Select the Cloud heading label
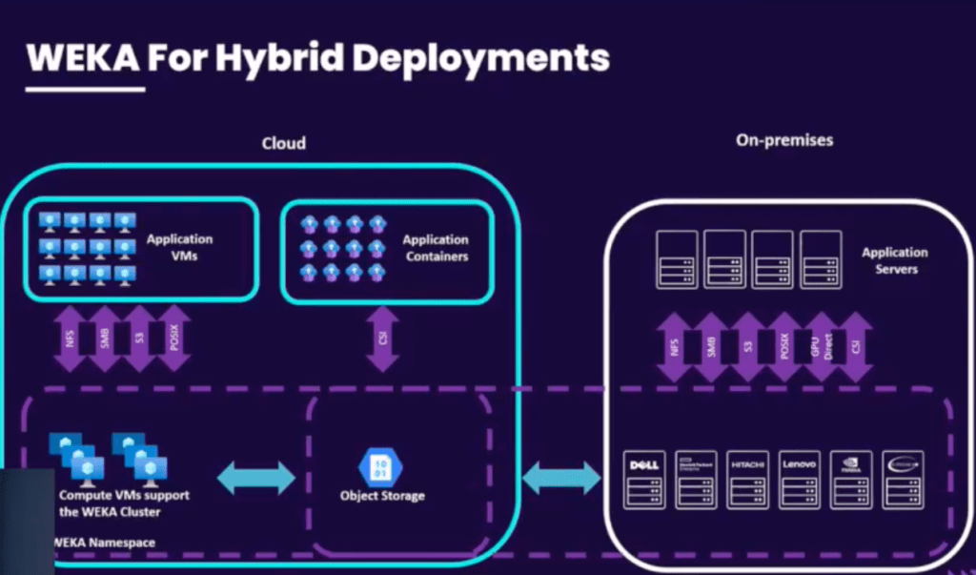coord(284,143)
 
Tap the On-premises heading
coord(784,139)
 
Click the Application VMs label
coord(179,247)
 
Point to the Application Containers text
coord(436,248)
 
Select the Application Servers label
coord(895,260)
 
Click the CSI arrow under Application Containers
coord(383,338)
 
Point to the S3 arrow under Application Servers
coord(743,346)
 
